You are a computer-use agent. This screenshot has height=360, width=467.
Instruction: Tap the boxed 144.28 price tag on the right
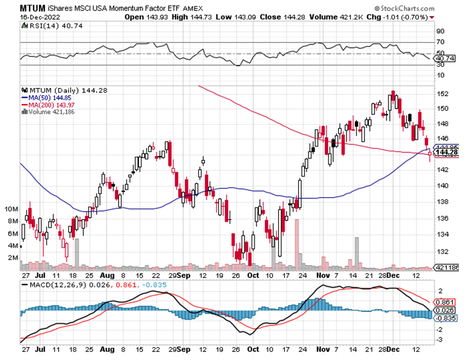[x=445, y=153]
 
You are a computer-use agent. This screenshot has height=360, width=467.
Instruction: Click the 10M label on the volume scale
[x=27, y=209]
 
